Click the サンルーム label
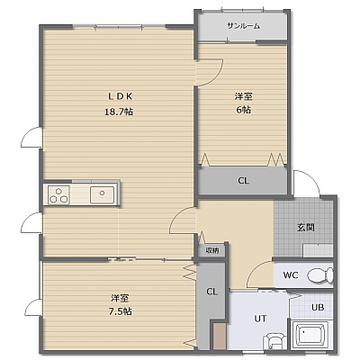click(243, 26)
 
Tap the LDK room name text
click(120, 96)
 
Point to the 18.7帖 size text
click(119, 112)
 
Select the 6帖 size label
click(243, 110)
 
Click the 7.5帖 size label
click(120, 311)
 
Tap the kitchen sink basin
click(102, 194)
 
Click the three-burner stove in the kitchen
click(58, 194)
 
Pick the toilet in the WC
click(320, 275)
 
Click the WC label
click(291, 274)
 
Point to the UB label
click(318, 307)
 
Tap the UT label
click(260, 319)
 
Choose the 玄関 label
click(306, 228)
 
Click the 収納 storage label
click(212, 250)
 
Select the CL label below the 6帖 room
click(243, 181)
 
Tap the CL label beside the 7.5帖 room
click(211, 292)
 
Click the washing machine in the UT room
click(274, 342)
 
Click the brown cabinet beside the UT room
click(220, 337)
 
